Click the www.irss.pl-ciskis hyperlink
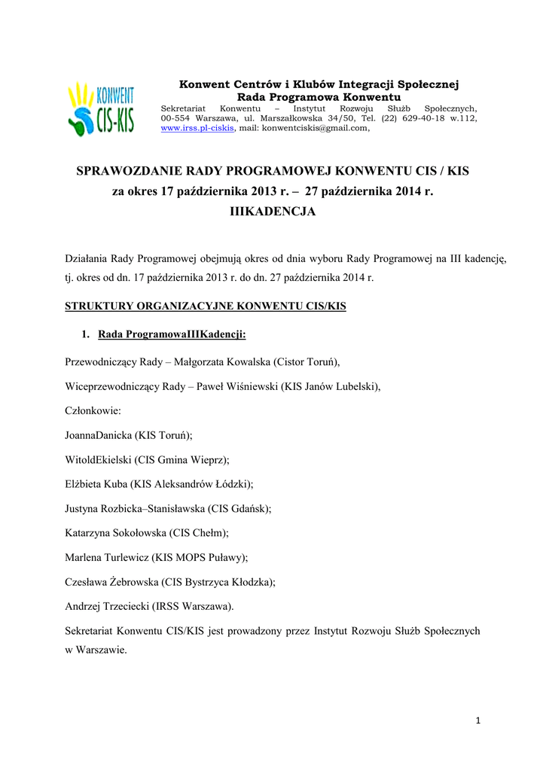(x=198, y=128)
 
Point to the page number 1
(x=477, y=721)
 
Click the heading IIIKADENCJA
(x=273, y=212)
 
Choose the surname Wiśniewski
(x=253, y=386)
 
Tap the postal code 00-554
(x=175, y=118)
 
